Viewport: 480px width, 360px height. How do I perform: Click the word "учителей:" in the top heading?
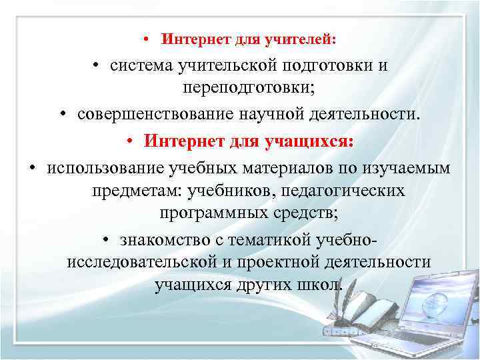(x=305, y=39)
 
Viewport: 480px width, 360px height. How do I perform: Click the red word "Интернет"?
(x=183, y=141)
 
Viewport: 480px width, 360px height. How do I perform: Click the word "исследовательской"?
(x=141, y=262)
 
